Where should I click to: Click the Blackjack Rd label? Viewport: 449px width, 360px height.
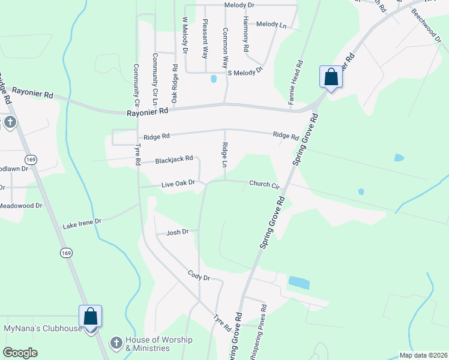tap(173, 160)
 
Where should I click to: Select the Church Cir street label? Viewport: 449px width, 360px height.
tap(265, 185)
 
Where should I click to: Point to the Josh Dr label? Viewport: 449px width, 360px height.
tap(178, 232)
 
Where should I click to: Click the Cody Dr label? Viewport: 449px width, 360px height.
tap(198, 278)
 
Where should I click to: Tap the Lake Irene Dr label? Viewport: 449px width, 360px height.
tap(83, 224)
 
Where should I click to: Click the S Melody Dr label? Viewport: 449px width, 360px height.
tap(245, 71)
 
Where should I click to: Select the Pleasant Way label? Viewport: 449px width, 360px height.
tap(205, 38)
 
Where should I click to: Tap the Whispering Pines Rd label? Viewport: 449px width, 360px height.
tap(264, 329)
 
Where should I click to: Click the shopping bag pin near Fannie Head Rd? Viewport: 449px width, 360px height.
tap(331, 77)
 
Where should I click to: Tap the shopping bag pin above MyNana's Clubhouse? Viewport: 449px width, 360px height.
tap(90, 316)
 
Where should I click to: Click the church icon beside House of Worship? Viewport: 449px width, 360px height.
tap(116, 343)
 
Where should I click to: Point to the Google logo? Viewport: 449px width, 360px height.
tap(20, 353)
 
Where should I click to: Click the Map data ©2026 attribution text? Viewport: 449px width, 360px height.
tap(423, 355)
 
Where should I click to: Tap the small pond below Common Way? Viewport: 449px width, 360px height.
tap(213, 79)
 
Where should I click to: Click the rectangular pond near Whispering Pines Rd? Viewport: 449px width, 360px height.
tap(299, 282)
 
